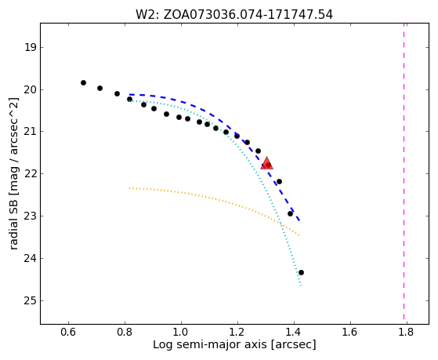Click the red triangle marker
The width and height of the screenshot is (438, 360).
[x=266, y=163]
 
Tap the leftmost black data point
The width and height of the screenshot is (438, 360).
[x=83, y=83]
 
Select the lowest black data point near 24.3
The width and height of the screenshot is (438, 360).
[x=301, y=272]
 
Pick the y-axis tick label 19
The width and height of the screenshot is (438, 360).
[x=31, y=47]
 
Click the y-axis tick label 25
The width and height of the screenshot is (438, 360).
[x=31, y=300]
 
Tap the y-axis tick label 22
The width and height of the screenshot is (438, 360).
[x=31, y=173]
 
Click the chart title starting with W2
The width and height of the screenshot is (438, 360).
[x=234, y=15]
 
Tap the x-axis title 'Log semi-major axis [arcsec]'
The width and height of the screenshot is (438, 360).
[x=234, y=345]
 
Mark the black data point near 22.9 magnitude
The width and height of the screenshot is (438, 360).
[x=290, y=213]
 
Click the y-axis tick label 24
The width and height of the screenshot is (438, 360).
[x=31, y=259]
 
